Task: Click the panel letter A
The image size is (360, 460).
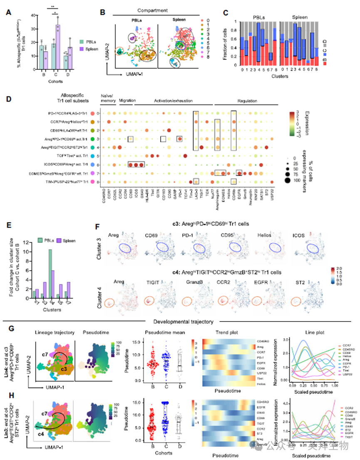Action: click(x=9, y=12)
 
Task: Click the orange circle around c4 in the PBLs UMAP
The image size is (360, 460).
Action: click(x=120, y=52)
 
